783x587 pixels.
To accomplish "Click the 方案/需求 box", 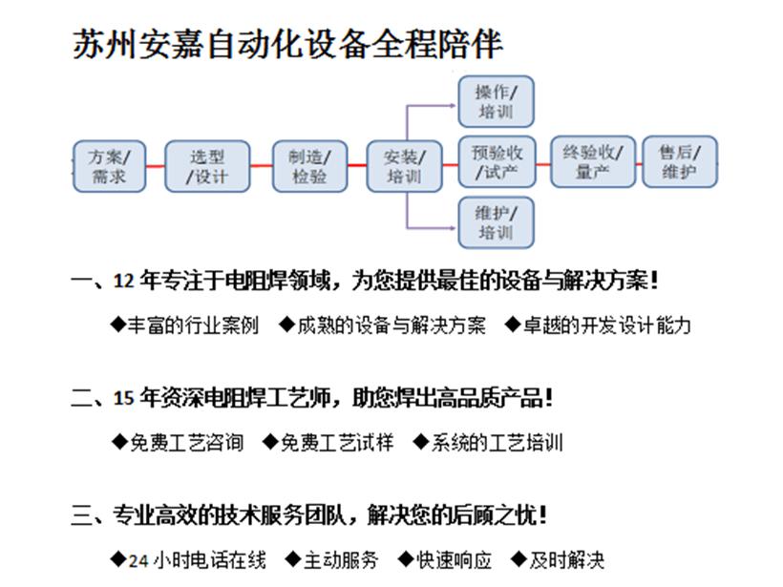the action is [110, 167].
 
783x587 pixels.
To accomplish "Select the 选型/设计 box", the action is [207, 167].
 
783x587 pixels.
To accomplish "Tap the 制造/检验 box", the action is [309, 167].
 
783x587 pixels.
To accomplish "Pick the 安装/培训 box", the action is [404, 167].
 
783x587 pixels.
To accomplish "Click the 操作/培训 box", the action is [496, 101].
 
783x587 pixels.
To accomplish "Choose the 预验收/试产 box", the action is [497, 161].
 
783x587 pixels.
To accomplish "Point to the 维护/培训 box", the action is [496, 222].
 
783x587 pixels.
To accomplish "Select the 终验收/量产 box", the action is [593, 161].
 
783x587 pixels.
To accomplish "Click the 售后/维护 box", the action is [680, 161].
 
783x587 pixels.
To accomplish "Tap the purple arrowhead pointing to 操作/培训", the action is [454, 105].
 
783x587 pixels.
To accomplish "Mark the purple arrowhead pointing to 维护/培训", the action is [454, 228].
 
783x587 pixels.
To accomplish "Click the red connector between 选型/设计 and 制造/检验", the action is [262, 166].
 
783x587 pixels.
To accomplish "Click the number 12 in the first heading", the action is [123, 281].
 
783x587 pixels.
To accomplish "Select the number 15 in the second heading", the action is [123, 398].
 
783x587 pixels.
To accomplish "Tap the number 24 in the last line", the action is [138, 561].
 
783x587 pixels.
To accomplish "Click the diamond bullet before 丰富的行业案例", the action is [117, 325].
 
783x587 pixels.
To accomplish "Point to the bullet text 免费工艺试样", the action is [337, 443].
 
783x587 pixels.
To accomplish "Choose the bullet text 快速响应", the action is [454, 560].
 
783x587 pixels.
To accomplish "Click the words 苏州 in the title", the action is [104, 44].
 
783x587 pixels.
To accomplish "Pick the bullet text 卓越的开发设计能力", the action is [606, 325].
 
